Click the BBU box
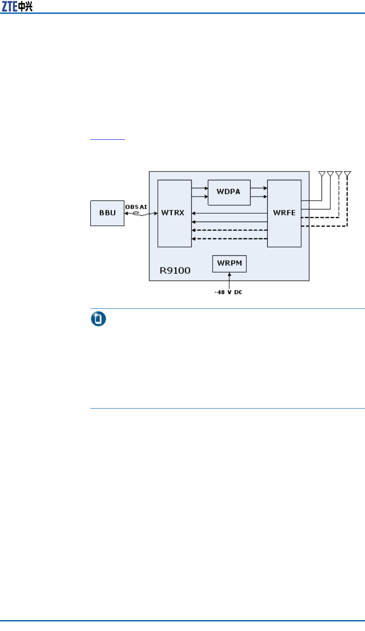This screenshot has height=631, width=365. click(x=107, y=213)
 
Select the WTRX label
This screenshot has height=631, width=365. click(x=172, y=213)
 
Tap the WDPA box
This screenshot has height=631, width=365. click(x=229, y=192)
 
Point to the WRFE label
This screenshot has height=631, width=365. click(x=284, y=213)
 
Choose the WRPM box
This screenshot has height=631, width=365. click(x=229, y=263)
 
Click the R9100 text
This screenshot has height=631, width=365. click(x=175, y=270)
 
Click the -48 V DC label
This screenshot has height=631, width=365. click(x=228, y=292)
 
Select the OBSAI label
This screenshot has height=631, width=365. click(x=136, y=207)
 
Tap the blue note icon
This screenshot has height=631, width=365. click(x=99, y=319)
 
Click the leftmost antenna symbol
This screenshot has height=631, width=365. click(x=322, y=174)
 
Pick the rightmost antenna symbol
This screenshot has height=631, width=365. click(x=347, y=174)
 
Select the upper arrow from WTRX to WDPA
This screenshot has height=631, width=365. click(x=200, y=188)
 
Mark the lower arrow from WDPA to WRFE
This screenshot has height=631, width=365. click(x=259, y=196)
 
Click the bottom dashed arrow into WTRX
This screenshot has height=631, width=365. click(x=229, y=239)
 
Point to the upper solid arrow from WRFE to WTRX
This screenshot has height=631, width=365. click(x=229, y=214)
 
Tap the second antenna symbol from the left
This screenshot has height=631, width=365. click(x=330, y=174)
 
